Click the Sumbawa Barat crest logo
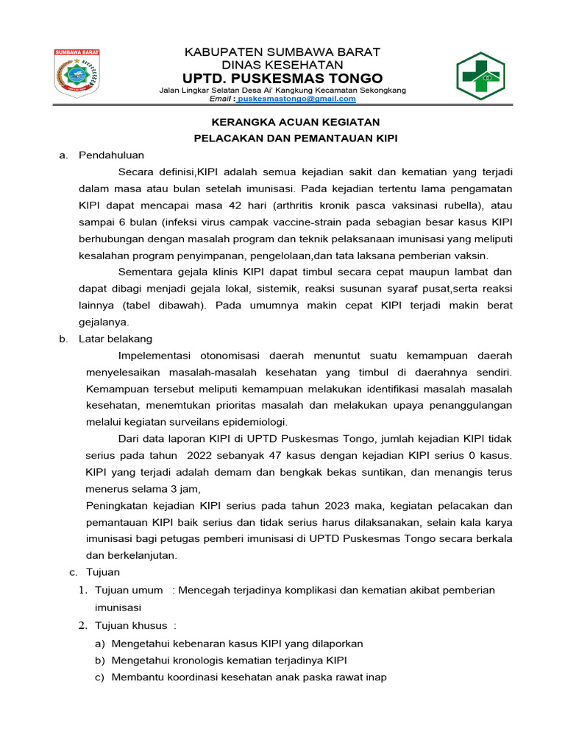77,73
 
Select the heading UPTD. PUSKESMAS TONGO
283,78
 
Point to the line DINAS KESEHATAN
283,65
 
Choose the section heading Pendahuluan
112,155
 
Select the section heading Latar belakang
116,339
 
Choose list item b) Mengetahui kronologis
230,660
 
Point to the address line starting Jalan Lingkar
283,90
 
